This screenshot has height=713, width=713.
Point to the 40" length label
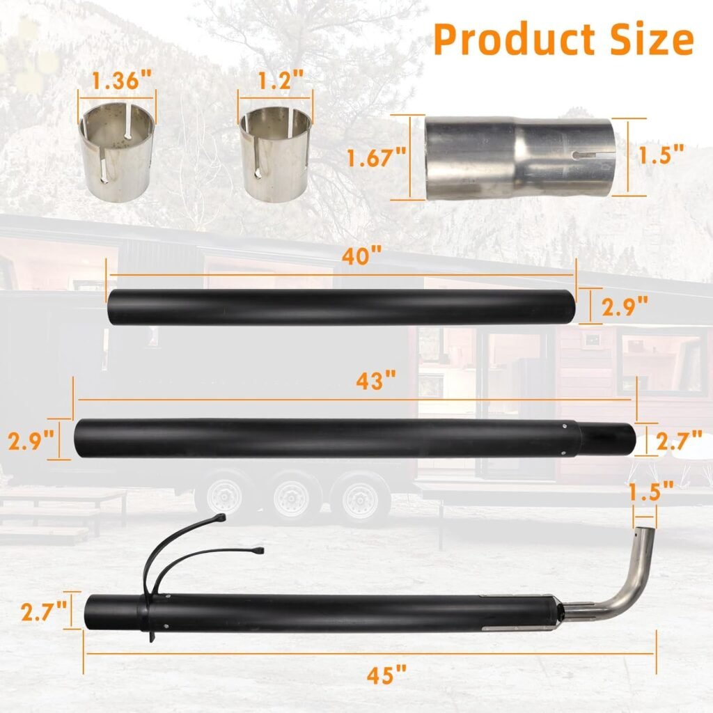tap(361, 257)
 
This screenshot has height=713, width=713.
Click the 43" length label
tap(376, 382)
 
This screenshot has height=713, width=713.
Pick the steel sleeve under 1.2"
tap(274, 155)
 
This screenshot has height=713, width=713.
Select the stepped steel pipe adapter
tap(520, 158)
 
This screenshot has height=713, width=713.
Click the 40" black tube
tap(341, 306)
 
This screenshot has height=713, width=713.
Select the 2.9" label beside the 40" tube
tap(625, 306)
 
